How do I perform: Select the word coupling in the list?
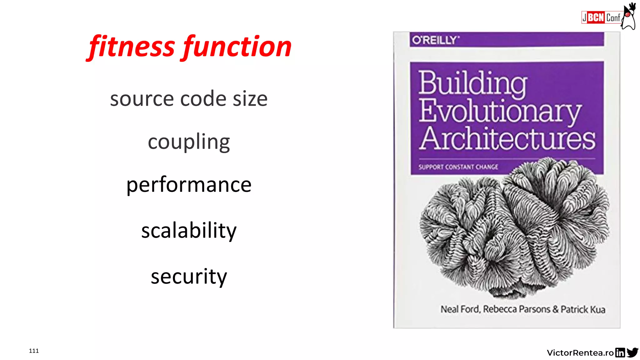[189, 142]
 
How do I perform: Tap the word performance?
[189, 185]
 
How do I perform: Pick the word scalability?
[189, 231]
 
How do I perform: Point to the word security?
[189, 276]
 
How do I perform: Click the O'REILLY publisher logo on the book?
[436, 40]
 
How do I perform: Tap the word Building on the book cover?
[472, 82]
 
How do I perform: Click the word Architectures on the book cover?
[507, 138]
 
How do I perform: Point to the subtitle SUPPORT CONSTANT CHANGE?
[458, 167]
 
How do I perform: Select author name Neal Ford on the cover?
[460, 309]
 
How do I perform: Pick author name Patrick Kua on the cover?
[583, 309]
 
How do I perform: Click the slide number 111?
[34, 351]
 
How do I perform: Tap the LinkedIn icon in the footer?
[620, 352]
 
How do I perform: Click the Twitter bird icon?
[632, 352]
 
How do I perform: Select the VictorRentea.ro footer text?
[580, 353]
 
